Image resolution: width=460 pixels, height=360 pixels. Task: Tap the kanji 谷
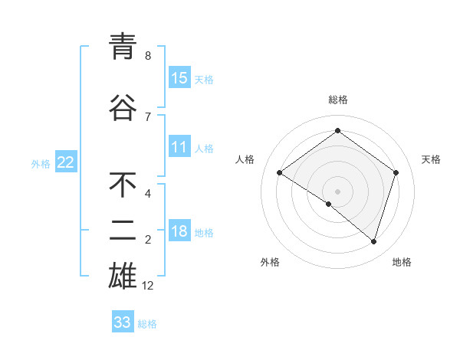click(123, 107)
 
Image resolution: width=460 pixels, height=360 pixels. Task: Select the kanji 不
click(123, 185)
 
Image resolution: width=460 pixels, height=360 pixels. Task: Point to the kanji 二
click(123, 230)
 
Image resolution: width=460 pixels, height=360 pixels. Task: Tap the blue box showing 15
click(179, 78)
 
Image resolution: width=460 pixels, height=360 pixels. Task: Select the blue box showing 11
click(179, 147)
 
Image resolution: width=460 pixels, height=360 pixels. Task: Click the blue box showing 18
click(179, 232)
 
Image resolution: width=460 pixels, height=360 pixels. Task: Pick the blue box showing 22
click(66, 162)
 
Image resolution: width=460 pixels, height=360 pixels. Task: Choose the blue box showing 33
click(123, 322)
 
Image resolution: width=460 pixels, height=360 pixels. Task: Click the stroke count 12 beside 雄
click(149, 286)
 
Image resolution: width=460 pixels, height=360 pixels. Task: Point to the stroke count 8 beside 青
click(148, 56)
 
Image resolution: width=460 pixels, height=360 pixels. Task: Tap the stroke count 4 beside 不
click(148, 194)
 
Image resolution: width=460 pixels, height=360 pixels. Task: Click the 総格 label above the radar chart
click(338, 100)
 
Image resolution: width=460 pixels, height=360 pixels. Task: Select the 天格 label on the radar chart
click(432, 159)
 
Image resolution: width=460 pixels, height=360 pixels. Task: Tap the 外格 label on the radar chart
click(270, 263)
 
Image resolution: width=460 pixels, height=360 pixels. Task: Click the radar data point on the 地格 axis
click(374, 242)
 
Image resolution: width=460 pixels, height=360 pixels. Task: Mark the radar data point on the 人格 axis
click(280, 173)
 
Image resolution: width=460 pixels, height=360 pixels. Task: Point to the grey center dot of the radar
click(337, 191)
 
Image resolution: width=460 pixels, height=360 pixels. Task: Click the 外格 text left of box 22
click(41, 163)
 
